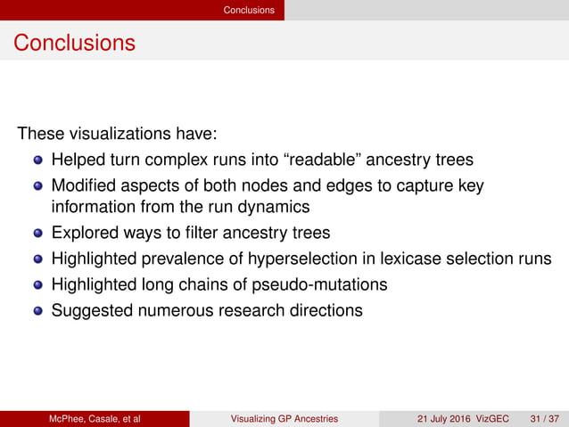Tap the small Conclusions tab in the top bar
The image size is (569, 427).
click(249, 10)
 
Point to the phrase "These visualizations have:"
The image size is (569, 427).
click(118, 135)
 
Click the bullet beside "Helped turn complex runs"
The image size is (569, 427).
click(38, 161)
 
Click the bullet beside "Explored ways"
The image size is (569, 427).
click(38, 234)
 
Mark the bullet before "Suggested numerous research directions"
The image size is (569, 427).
click(38, 311)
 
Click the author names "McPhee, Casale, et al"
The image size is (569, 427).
click(95, 419)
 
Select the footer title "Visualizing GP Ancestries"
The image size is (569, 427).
click(284, 419)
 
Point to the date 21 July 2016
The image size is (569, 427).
click(449, 419)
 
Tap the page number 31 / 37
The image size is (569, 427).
click(547, 419)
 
